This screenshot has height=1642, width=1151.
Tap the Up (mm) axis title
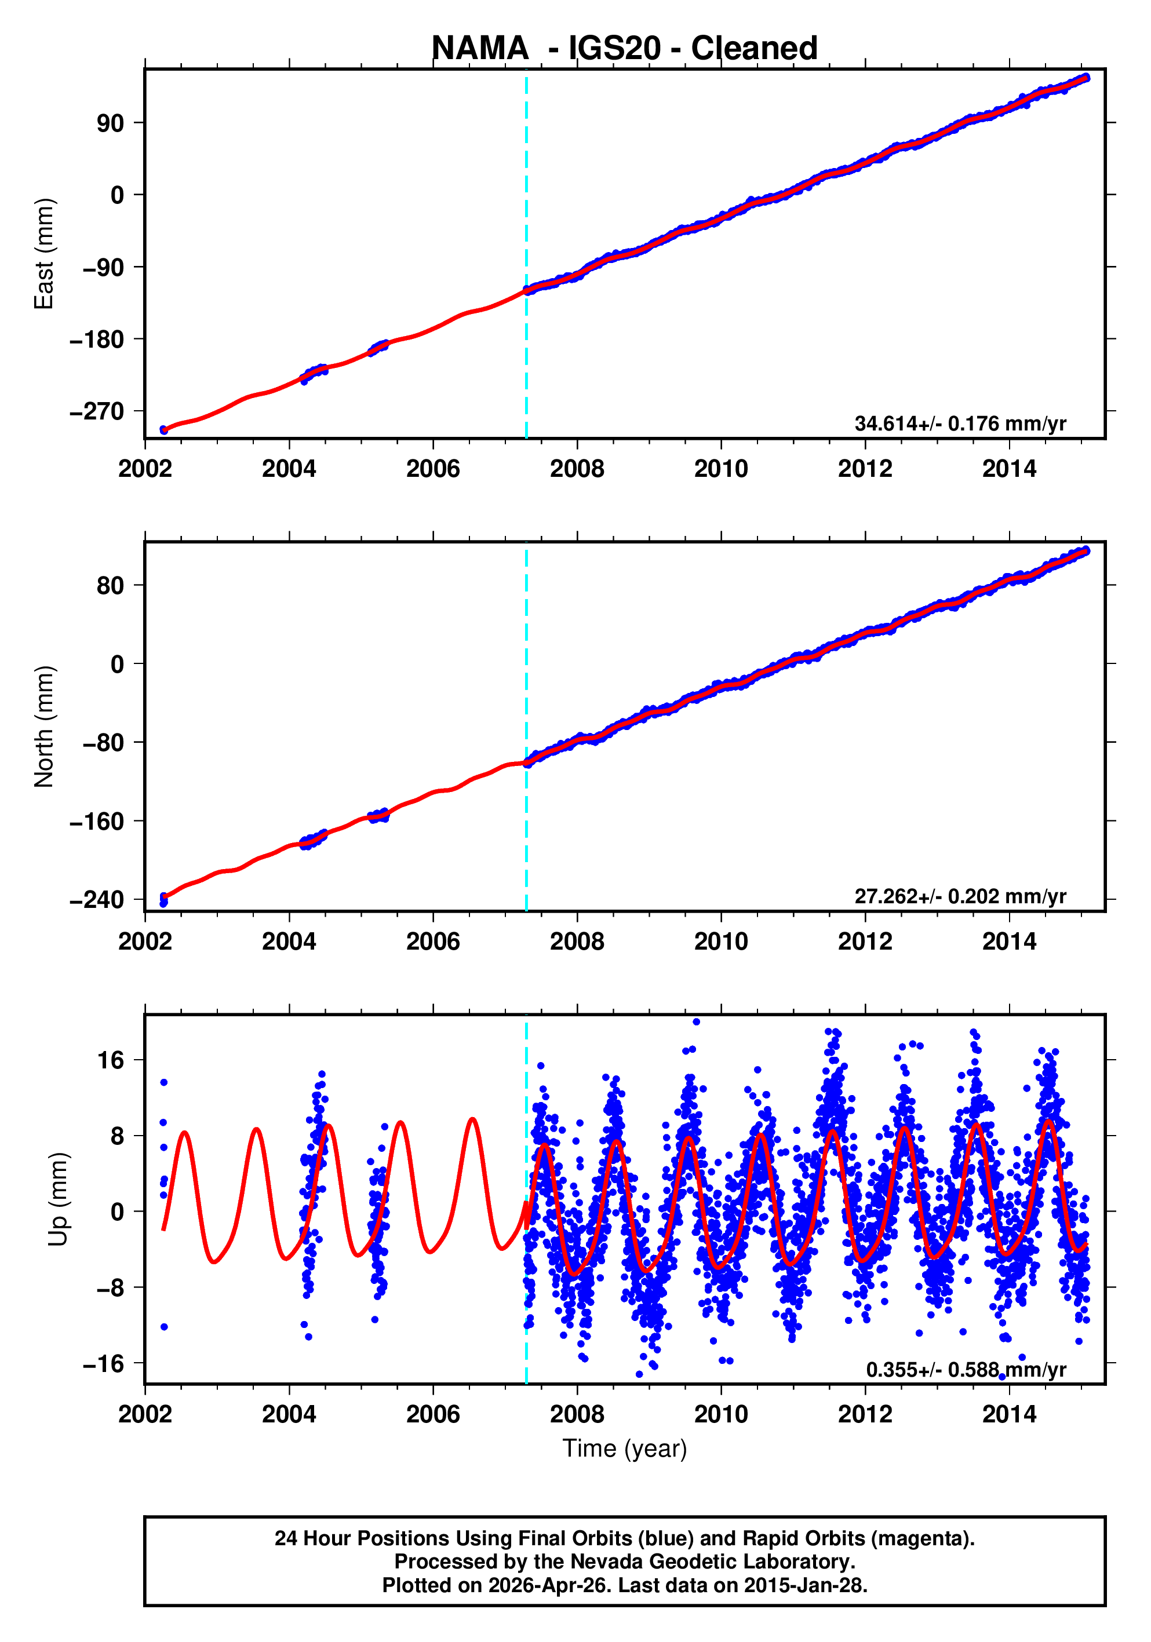click(59, 1199)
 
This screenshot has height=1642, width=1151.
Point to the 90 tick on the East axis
click(110, 123)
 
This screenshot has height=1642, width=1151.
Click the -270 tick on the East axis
click(97, 412)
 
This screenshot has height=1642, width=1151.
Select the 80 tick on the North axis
click(110, 586)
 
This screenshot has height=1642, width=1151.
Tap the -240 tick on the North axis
click(97, 900)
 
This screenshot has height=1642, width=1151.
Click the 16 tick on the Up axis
click(110, 1060)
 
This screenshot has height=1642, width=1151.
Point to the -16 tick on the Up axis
click(103, 1364)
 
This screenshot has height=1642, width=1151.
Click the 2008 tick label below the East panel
click(577, 469)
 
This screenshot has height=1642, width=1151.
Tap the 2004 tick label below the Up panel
click(289, 1414)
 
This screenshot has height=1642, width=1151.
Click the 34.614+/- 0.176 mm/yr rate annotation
click(960, 424)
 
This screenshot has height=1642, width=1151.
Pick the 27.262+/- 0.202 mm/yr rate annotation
click(960, 896)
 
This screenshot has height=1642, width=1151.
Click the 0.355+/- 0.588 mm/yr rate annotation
click(966, 1370)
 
